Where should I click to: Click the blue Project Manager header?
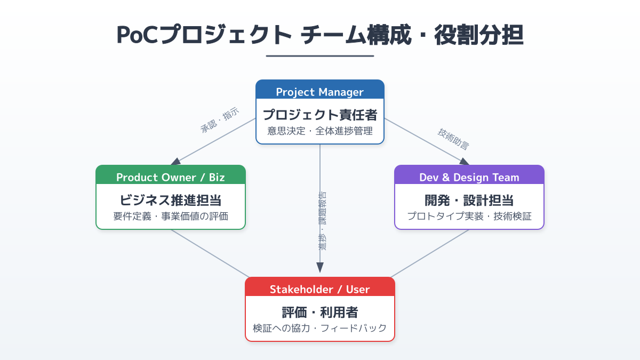pyautogui.click(x=319, y=92)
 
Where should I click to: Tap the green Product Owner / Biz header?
pyautogui.click(x=171, y=177)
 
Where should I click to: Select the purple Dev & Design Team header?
pyautogui.click(x=469, y=177)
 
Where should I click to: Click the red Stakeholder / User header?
pyautogui.click(x=319, y=289)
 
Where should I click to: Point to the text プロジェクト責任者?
pyautogui.click(x=319, y=115)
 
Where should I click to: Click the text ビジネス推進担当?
pyautogui.click(x=171, y=201)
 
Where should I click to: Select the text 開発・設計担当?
pyautogui.click(x=469, y=201)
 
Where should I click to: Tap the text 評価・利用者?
pyautogui.click(x=319, y=313)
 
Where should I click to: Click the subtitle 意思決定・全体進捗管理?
pyautogui.click(x=319, y=131)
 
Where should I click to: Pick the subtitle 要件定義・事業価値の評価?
pyautogui.click(x=171, y=216)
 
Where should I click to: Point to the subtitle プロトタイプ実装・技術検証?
pyautogui.click(x=469, y=216)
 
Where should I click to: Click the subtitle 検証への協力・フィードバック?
pyautogui.click(x=319, y=328)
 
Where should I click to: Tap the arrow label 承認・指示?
pyautogui.click(x=219, y=121)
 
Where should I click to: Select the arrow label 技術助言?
pyautogui.click(x=453, y=138)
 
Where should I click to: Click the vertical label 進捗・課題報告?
pyautogui.click(x=323, y=221)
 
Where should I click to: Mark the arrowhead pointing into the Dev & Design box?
pyautogui.click(x=463, y=161)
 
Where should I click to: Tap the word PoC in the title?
pyautogui.click(x=137, y=35)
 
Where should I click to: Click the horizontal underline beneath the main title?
pyautogui.click(x=320, y=55)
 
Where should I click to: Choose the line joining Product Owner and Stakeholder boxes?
pyautogui.click(x=210, y=253)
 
